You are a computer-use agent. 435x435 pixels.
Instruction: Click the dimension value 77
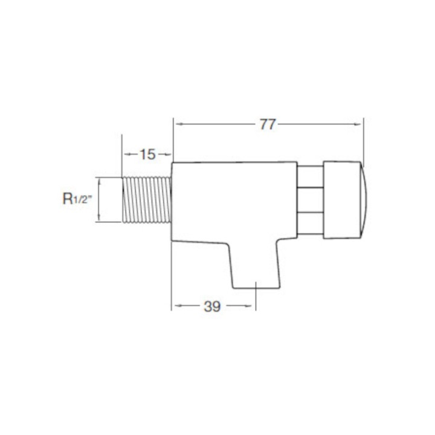pyautogui.click(x=268, y=124)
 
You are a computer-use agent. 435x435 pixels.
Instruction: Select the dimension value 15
pyautogui.click(x=147, y=155)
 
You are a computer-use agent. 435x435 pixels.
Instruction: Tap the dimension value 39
pyautogui.click(x=212, y=306)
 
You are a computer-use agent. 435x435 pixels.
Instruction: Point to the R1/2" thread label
pyautogui.click(x=77, y=199)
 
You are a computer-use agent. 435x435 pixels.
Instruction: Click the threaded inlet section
pyautogui.click(x=147, y=199)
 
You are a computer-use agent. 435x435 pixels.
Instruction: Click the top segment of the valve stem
pyautogui.click(x=310, y=176)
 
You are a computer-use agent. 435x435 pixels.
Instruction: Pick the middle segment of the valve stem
pyautogui.click(x=310, y=200)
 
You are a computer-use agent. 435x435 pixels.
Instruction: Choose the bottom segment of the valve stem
pyautogui.click(x=310, y=224)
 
